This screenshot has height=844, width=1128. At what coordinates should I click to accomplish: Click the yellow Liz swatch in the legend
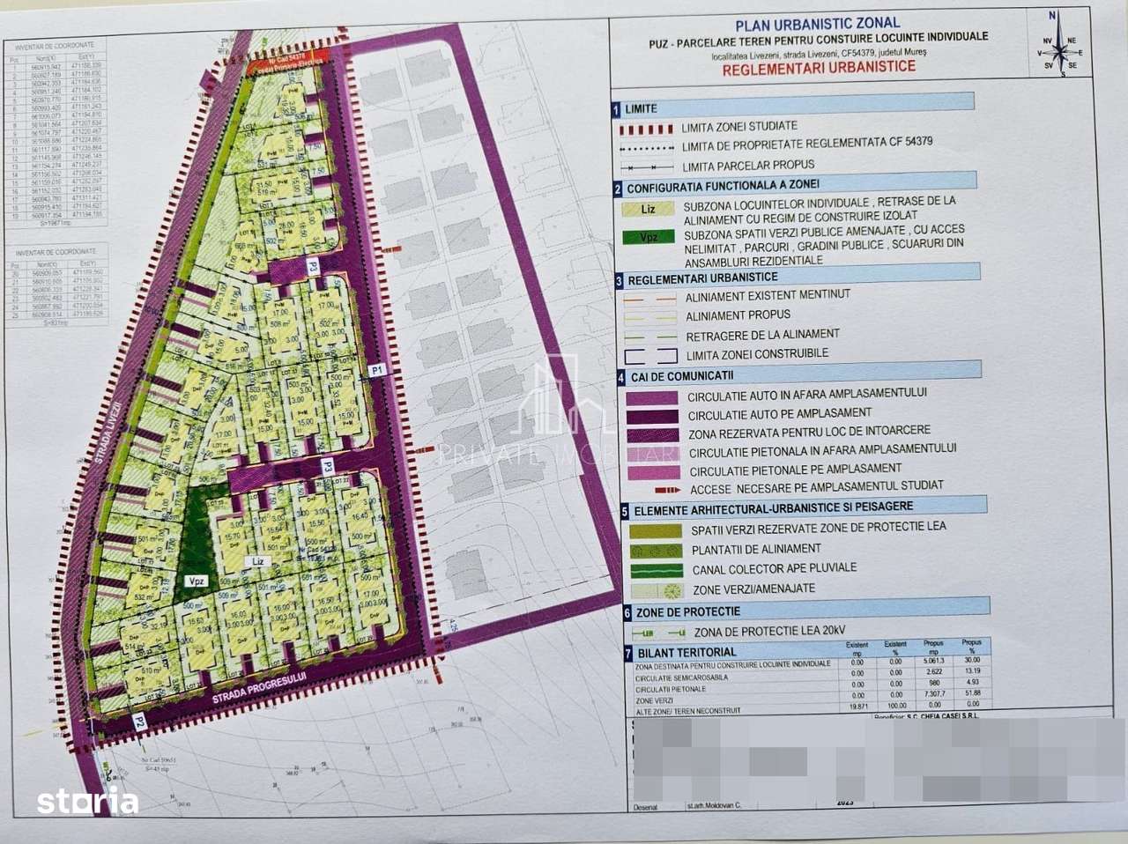point(649,210)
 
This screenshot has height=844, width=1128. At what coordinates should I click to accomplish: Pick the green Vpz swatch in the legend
point(649,237)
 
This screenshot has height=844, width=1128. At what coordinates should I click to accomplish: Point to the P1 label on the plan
point(377,371)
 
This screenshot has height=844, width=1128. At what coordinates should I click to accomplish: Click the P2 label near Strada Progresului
point(139,722)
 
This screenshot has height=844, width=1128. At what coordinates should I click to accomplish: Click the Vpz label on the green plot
point(196,581)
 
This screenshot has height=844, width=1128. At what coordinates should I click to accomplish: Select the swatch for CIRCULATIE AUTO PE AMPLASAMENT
point(652,414)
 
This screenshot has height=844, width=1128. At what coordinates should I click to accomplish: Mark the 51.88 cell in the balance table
point(971,693)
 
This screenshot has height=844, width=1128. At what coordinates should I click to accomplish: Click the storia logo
point(87,802)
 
